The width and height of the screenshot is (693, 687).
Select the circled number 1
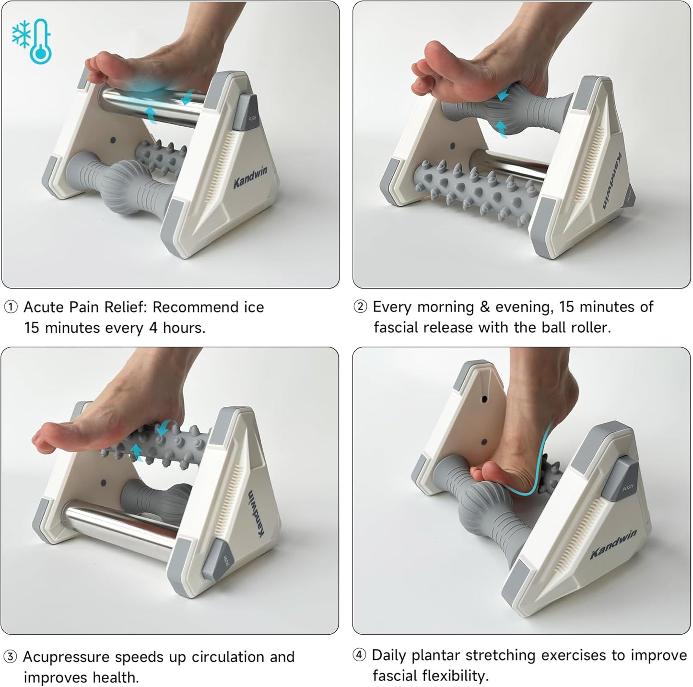[11, 307]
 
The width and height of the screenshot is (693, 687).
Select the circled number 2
[361, 307]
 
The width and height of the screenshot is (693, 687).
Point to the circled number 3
[11, 657]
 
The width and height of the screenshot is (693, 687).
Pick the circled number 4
[360, 655]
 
